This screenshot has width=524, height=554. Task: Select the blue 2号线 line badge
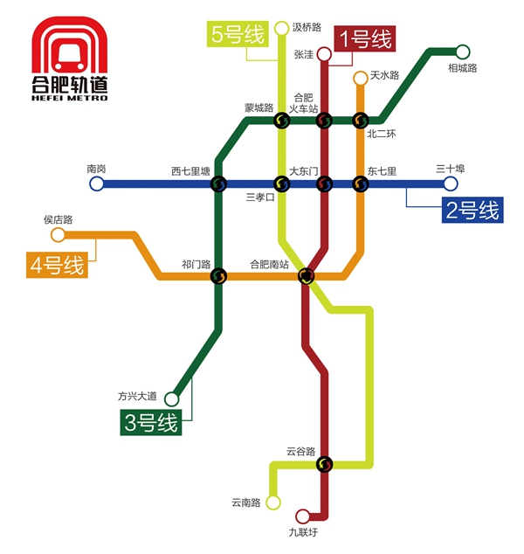472,210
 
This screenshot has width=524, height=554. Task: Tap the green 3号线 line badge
151,424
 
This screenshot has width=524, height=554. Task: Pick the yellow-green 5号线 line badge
238,36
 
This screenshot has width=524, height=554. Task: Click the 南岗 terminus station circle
97,184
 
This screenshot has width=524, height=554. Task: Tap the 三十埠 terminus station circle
450,184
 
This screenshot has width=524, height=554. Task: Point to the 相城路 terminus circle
462,52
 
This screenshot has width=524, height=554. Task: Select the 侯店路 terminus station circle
59,234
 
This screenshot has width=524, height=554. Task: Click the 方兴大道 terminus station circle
172,399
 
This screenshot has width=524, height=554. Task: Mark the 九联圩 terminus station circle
303,516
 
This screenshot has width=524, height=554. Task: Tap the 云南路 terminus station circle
273,502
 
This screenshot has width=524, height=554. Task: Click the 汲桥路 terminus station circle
281,29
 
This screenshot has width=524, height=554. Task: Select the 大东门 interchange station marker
324,184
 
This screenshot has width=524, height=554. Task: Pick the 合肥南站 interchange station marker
306,276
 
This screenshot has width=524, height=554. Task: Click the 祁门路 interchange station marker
218,276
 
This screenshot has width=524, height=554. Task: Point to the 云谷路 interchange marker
324,464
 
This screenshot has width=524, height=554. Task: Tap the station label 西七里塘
190,171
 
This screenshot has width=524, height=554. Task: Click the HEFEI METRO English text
70,98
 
